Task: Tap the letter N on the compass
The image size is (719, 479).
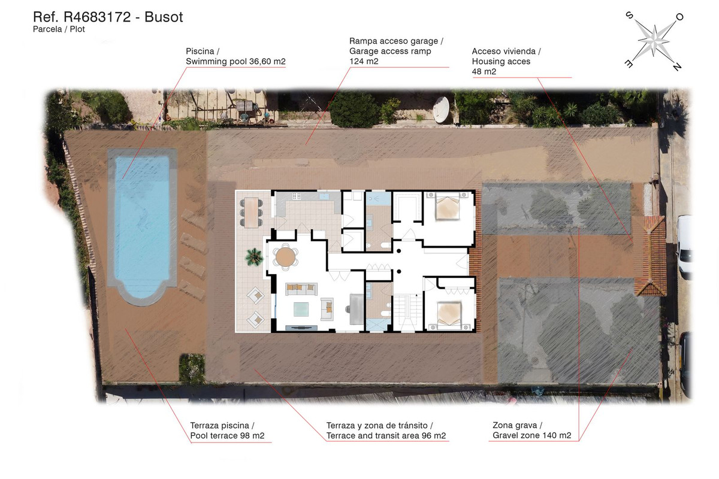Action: point(677,67)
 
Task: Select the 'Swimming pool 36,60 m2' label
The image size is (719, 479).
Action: point(235,62)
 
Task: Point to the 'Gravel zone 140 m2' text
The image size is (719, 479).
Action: point(531,435)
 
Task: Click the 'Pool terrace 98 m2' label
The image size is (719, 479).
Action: point(227,435)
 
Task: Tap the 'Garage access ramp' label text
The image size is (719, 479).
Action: point(390,51)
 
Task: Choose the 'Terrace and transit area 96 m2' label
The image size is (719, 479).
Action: point(386,435)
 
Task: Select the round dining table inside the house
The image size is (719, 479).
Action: point(286,257)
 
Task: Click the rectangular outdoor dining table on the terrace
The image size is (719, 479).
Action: point(252,211)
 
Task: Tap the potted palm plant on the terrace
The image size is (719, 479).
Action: point(254,257)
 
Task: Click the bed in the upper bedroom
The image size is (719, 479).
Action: point(446,209)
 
